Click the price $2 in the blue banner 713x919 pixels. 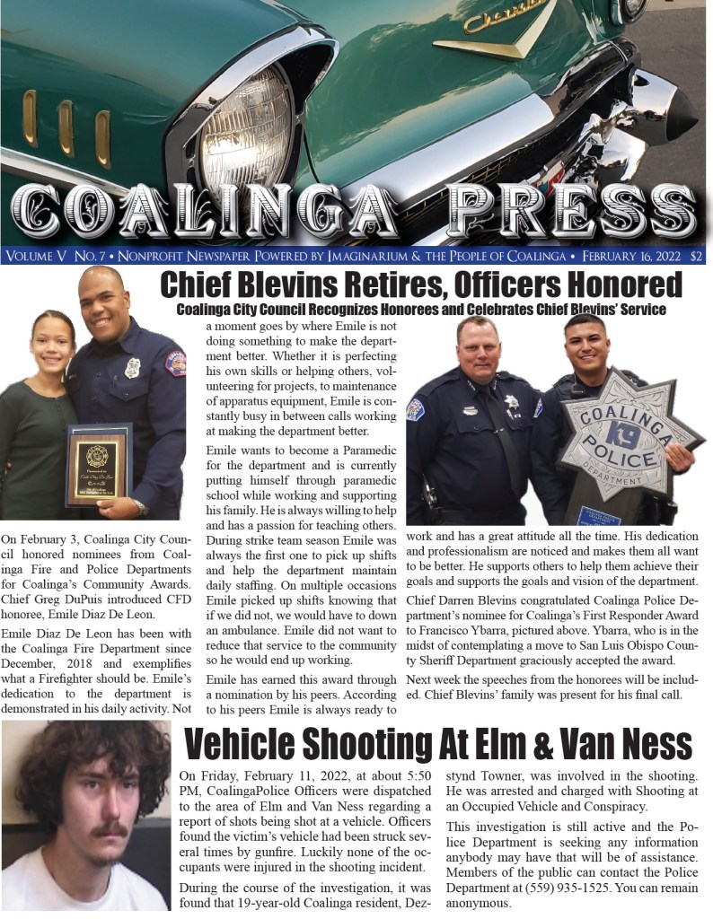click(x=697, y=256)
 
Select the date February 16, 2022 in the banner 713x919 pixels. click(x=628, y=256)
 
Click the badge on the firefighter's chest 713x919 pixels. click(x=132, y=367)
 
